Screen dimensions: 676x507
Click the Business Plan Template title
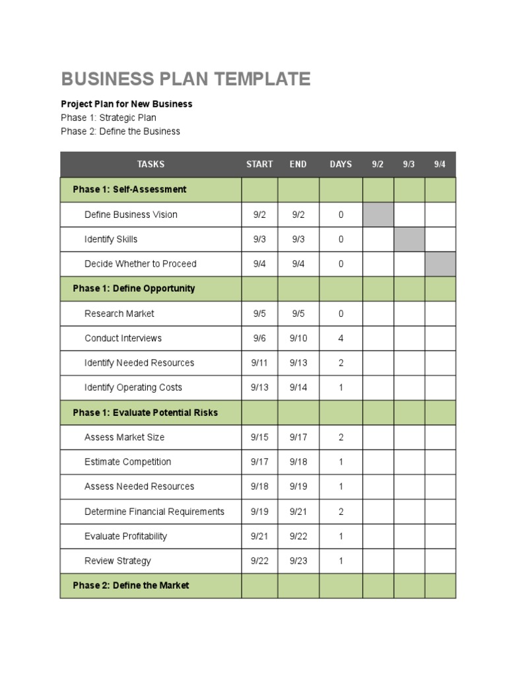pos(186,79)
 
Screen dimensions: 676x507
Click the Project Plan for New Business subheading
pos(127,104)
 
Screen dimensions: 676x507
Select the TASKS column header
pos(151,164)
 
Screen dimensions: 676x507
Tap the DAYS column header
pos(341,164)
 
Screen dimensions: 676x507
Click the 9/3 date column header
pos(409,164)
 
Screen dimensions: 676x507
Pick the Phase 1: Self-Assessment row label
pos(129,189)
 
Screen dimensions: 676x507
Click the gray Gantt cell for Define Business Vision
pos(378,215)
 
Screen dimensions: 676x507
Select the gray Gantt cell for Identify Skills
pos(409,239)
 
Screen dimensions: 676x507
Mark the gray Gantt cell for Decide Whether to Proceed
pos(440,264)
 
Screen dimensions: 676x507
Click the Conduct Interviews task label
pos(123,338)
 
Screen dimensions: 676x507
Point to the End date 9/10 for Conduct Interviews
pos(298,338)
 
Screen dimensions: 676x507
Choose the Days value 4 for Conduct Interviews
pos(341,338)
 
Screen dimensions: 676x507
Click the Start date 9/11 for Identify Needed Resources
pos(259,363)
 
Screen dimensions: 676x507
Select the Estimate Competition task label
pos(127,462)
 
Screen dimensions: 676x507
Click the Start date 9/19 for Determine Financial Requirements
pos(259,512)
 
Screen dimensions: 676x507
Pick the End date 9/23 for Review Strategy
pos(298,561)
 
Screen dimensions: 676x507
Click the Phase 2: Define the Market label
pos(131,586)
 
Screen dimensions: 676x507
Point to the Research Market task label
pos(119,314)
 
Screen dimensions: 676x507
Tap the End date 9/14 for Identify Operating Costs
pos(298,388)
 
